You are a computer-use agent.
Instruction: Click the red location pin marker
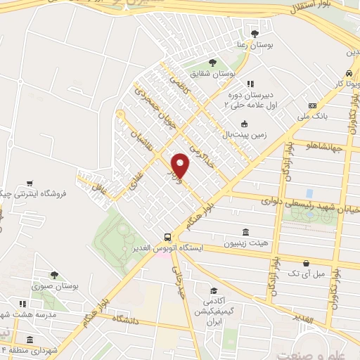[181, 165]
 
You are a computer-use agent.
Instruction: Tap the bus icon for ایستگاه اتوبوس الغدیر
[167, 238]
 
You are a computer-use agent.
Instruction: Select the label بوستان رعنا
[253, 45]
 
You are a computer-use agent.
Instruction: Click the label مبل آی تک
[309, 272]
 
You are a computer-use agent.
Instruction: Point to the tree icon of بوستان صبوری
[54, 276]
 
